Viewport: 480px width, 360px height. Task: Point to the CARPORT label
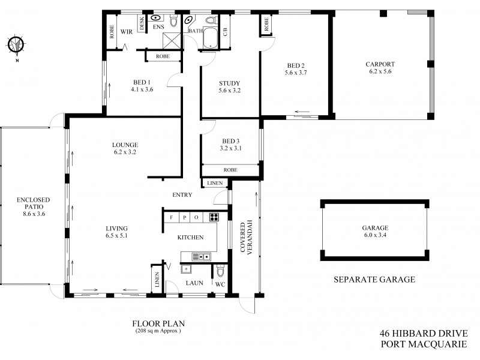[380, 68]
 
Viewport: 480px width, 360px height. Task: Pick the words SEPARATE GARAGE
[374, 280]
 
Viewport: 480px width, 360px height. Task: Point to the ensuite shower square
[174, 41]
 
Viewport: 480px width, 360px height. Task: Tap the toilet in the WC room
[220, 268]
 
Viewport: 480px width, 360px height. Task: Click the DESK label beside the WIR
[142, 25]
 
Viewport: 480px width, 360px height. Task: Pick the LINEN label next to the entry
[214, 183]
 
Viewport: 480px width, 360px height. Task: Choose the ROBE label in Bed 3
[230, 170]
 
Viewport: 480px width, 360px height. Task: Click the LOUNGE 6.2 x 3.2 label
[125, 148]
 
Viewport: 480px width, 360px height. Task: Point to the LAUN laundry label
[193, 283]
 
